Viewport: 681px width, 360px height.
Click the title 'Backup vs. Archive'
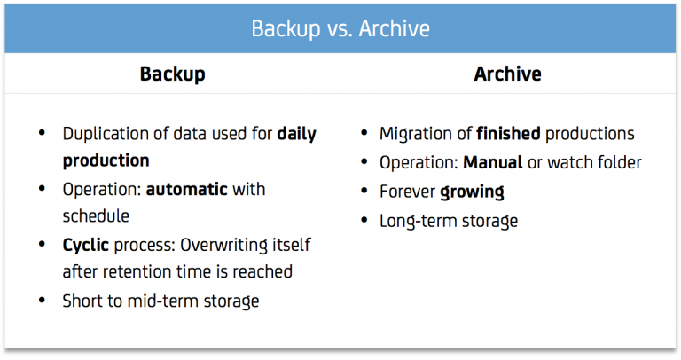click(340, 28)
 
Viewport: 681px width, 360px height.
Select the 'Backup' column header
click(172, 74)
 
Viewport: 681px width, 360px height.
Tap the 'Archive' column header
click(508, 74)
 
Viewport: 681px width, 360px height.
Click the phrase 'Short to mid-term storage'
click(160, 301)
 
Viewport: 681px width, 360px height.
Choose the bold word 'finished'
click(508, 135)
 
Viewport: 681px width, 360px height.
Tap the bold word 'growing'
click(472, 192)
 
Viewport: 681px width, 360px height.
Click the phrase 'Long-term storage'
click(448, 221)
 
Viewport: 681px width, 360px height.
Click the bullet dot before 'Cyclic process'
click(43, 244)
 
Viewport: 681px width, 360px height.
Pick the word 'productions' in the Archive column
click(590, 135)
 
